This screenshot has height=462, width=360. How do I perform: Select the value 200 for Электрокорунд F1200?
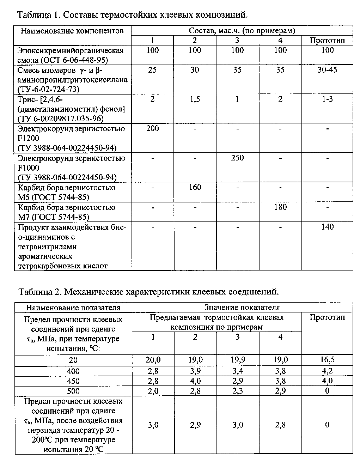(x=153, y=129)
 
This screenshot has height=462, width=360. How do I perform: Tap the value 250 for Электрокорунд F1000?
(x=237, y=158)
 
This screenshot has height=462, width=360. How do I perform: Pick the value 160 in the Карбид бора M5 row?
(x=195, y=187)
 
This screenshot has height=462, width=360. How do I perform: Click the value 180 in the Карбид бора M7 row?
(x=280, y=207)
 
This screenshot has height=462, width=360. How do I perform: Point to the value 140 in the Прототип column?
(x=327, y=227)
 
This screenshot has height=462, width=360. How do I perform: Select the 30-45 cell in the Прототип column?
(x=327, y=70)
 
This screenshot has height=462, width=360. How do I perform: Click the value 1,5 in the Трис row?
(x=195, y=99)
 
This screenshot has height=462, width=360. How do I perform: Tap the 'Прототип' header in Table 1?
(x=327, y=40)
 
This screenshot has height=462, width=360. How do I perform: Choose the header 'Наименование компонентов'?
(x=72, y=31)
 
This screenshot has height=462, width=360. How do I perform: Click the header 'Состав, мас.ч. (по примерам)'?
(x=242, y=31)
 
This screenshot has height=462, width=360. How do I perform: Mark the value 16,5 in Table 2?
(x=327, y=360)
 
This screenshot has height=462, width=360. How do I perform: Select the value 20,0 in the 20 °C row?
(x=153, y=360)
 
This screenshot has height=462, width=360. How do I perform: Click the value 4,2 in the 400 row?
(x=327, y=371)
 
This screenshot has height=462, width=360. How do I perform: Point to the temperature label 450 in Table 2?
(x=73, y=381)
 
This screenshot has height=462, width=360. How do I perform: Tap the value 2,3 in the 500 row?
(x=238, y=391)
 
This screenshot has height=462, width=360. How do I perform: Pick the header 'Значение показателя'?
(x=242, y=308)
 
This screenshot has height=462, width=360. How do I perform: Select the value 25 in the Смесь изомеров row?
(x=153, y=70)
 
